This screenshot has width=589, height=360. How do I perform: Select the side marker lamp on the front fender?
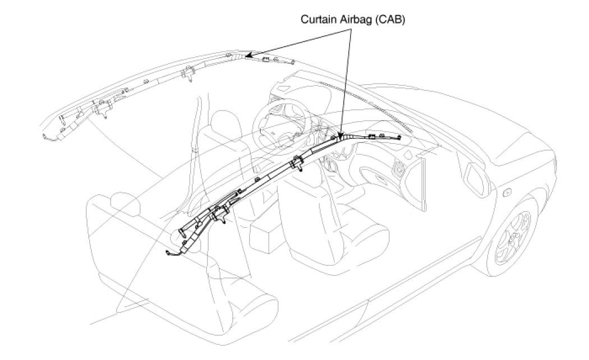click(x=507, y=193)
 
